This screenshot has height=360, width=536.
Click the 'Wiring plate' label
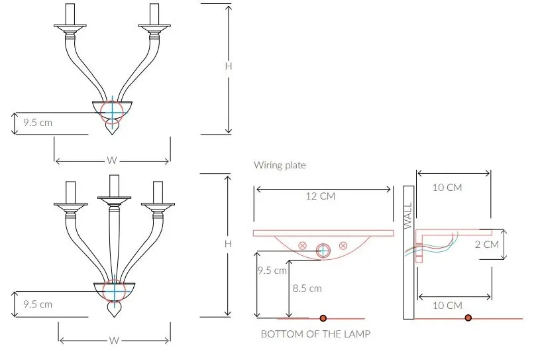[x=280, y=165]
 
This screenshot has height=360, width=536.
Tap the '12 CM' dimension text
[x=320, y=196]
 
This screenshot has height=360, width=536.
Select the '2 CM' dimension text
[x=487, y=245]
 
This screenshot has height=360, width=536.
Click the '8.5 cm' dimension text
[x=307, y=288]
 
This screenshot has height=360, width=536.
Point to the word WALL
[x=408, y=216]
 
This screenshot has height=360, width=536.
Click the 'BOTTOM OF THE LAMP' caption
[x=315, y=334]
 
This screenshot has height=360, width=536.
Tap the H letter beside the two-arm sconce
[x=229, y=66]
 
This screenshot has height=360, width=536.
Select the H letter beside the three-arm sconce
[x=228, y=244]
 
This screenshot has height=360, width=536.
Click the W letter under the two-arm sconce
[x=112, y=160]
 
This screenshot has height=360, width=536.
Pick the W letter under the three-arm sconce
[x=114, y=341]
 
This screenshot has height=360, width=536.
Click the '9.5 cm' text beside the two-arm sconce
[x=38, y=123]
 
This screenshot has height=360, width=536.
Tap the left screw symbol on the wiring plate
[x=303, y=245]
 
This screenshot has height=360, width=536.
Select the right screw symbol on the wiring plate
[x=343, y=245]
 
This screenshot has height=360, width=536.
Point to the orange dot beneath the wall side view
[x=468, y=318]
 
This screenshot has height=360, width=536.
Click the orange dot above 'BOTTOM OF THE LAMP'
[x=323, y=319]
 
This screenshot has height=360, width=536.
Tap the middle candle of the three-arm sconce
[x=114, y=186]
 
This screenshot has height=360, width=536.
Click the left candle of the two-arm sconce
[x=70, y=15]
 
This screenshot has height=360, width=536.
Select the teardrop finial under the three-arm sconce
[x=114, y=309]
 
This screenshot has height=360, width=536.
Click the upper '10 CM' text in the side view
[x=447, y=188]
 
